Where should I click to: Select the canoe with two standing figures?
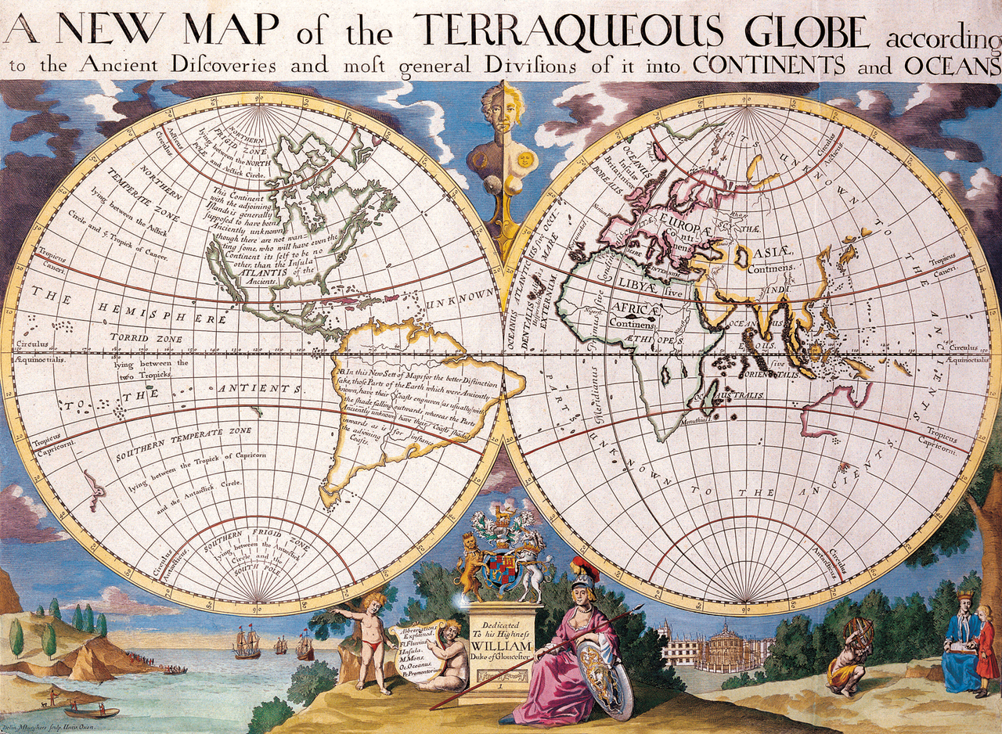click(91, 711)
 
